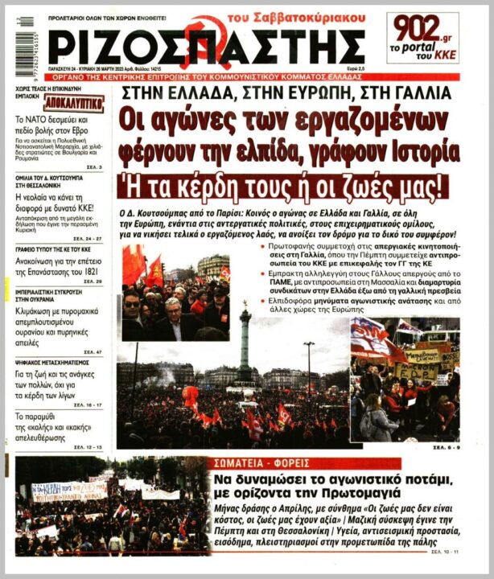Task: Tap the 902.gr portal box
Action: coord(422,37)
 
